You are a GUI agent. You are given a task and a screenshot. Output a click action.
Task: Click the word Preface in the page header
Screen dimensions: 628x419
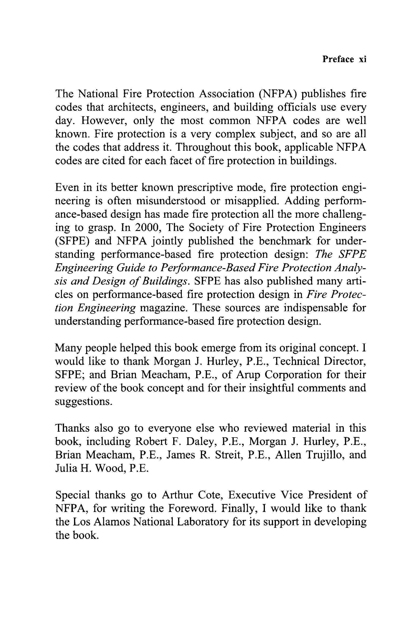(x=338, y=59)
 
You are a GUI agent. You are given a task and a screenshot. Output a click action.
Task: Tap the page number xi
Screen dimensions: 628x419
(x=362, y=59)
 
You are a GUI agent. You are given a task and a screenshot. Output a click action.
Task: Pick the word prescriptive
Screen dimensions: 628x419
(x=209, y=187)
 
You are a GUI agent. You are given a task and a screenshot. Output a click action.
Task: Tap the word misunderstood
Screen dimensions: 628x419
(x=171, y=201)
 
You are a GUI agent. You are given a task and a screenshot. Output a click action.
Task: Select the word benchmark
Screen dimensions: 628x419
(x=285, y=241)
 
